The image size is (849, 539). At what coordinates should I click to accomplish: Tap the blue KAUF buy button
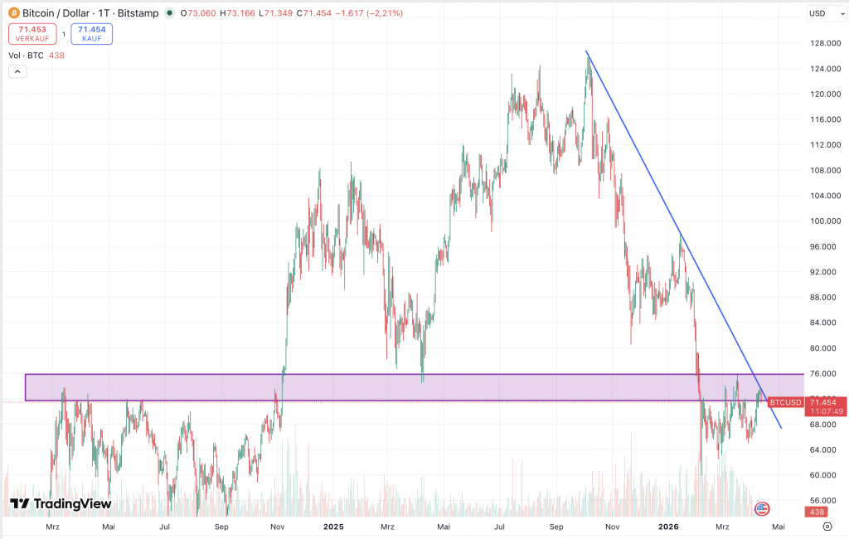91,33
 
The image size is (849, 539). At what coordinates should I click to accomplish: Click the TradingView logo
61,503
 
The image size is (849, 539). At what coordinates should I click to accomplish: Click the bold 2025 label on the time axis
333,527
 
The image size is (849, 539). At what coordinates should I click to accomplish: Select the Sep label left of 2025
221,527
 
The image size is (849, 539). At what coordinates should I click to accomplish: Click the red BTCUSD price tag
784,402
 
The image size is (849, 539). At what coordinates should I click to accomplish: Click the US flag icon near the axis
761,508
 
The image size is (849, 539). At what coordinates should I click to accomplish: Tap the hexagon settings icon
827,527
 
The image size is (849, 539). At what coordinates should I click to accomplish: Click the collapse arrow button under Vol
17,72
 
